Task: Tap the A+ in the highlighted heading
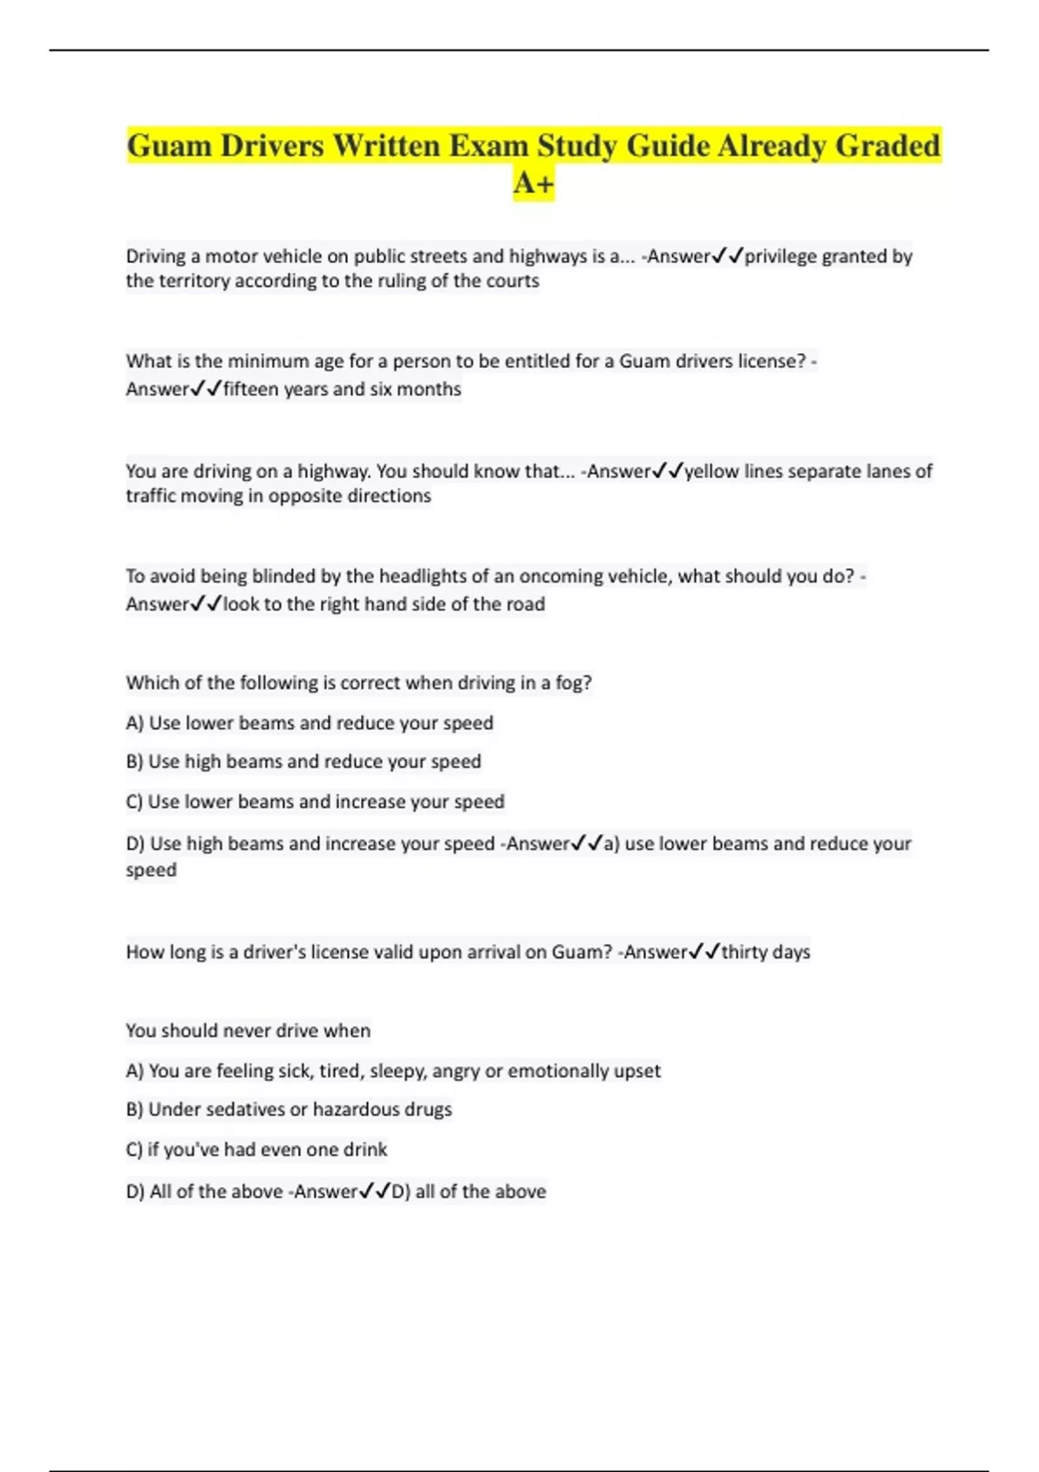point(533,183)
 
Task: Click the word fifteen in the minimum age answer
point(250,390)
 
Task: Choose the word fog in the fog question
point(572,682)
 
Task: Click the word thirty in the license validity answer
point(744,952)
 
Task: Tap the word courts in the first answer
point(512,281)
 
